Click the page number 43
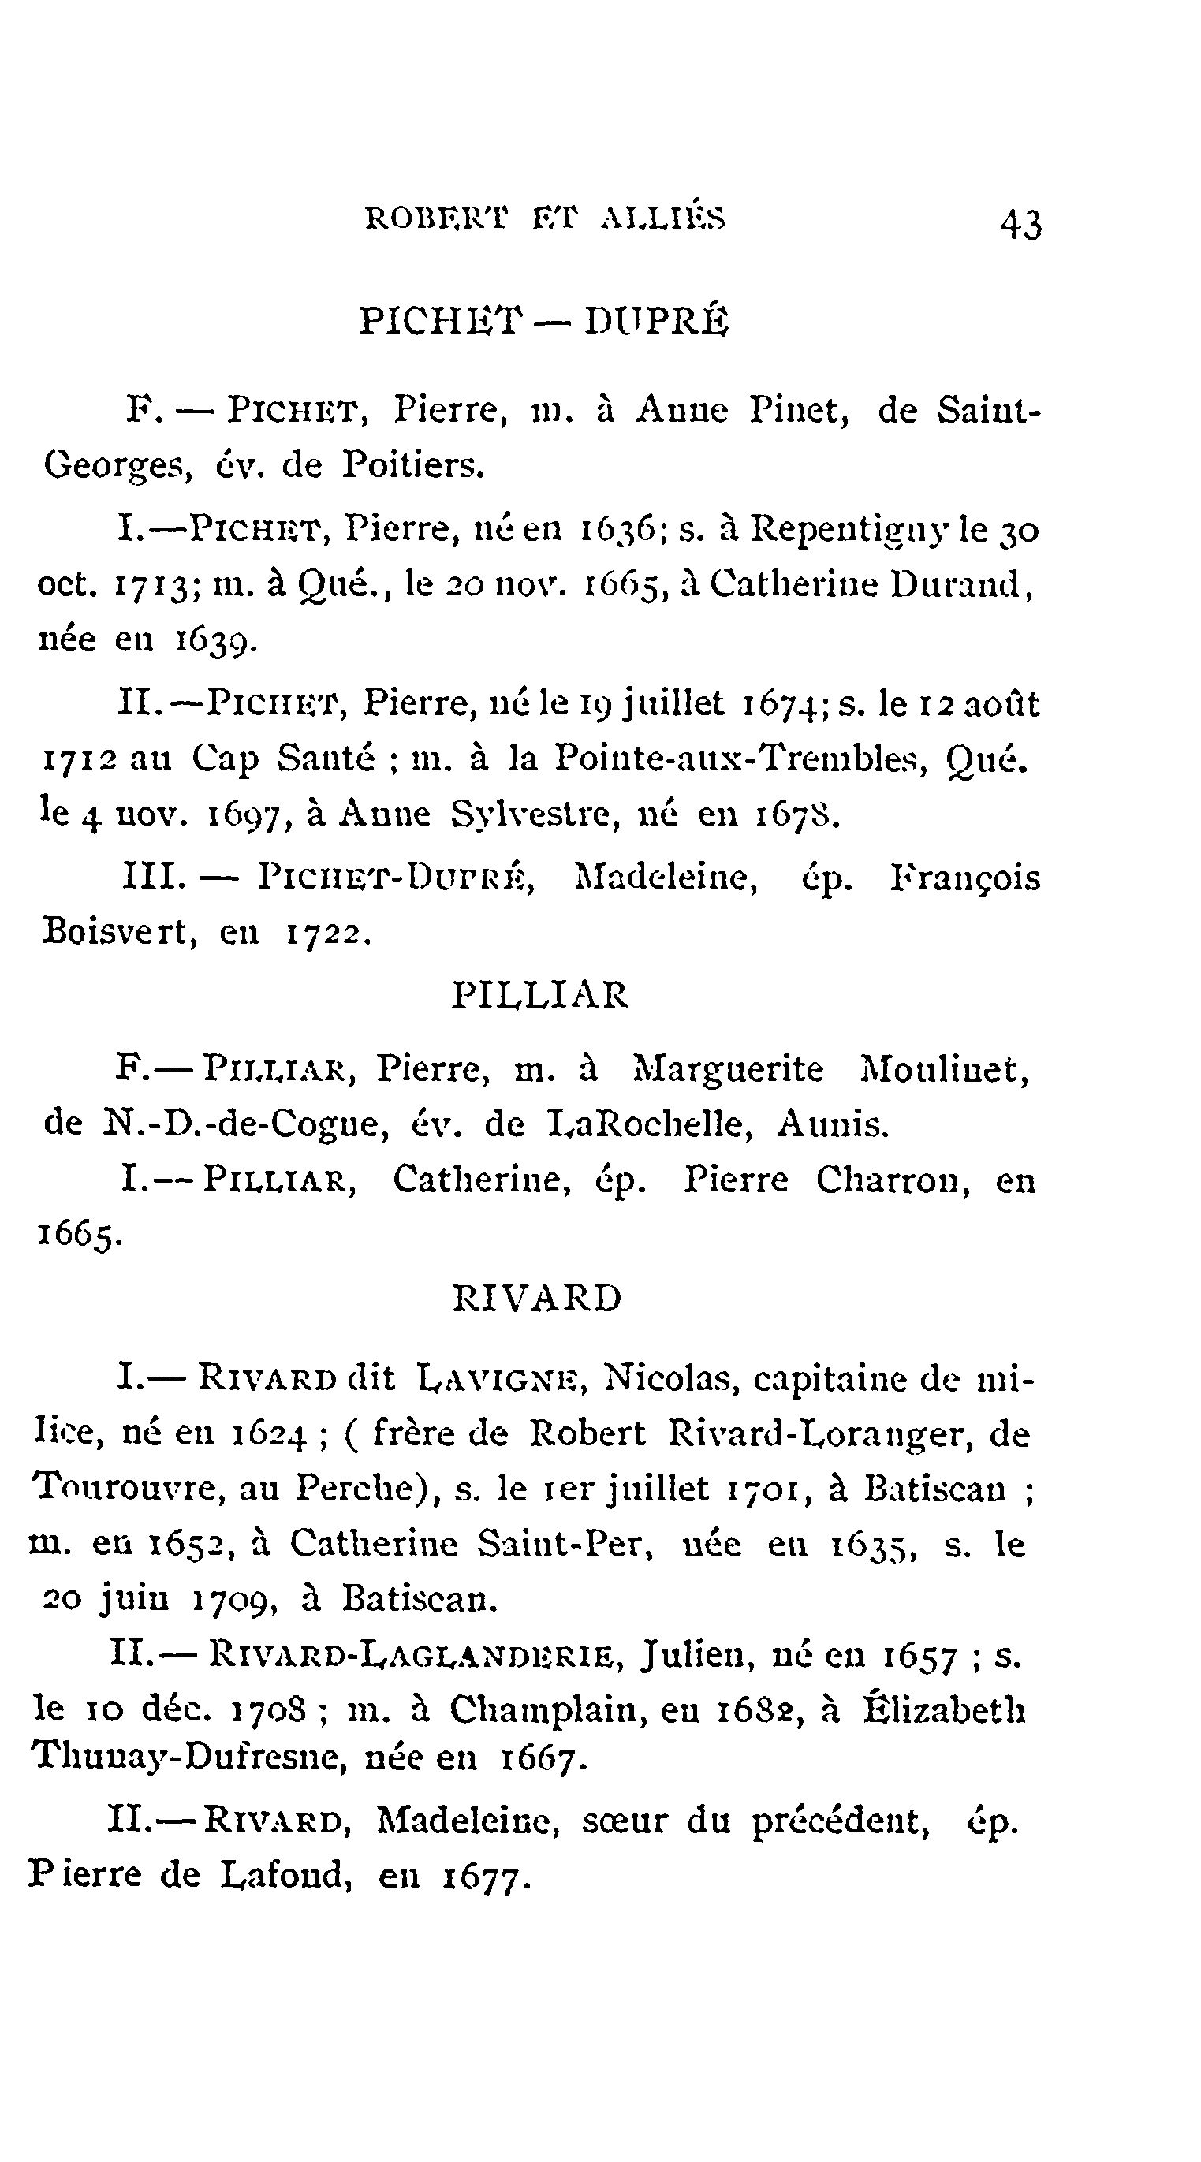click(x=1020, y=224)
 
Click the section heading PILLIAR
click(x=539, y=995)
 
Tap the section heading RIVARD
click(x=537, y=1298)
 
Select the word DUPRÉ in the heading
click(x=656, y=321)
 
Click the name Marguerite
click(x=728, y=1069)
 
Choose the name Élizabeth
click(x=943, y=1709)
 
